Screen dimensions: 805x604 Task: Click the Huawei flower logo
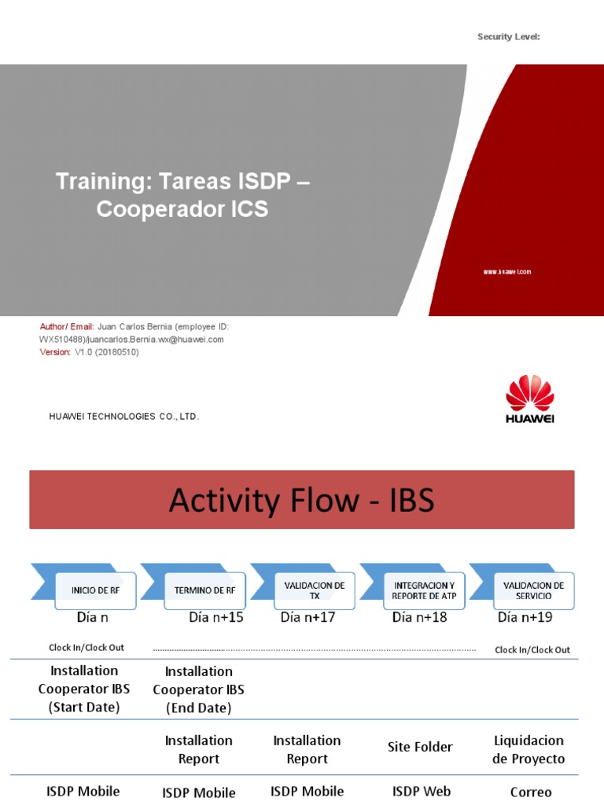[x=529, y=392]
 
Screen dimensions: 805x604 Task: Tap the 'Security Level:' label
[x=508, y=37]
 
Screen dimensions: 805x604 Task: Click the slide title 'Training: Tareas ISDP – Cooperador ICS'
[x=182, y=196]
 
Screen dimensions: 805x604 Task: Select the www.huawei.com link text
[x=507, y=272]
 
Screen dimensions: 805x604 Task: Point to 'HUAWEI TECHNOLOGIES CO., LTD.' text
[x=124, y=417]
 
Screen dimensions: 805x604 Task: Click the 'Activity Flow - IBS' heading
[x=301, y=500]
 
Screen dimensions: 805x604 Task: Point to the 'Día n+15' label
[x=216, y=618]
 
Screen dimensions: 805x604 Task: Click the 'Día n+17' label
[x=308, y=618]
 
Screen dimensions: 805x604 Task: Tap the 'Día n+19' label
[x=525, y=618]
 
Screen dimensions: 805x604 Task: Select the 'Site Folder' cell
[x=420, y=748]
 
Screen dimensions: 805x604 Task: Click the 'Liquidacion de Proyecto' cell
[x=528, y=749]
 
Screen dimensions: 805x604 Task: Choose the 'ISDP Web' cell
[x=420, y=792]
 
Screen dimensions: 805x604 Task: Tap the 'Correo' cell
[x=531, y=792]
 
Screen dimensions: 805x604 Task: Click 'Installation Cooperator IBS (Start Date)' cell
[x=84, y=689]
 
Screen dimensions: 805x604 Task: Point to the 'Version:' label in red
[x=55, y=352]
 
